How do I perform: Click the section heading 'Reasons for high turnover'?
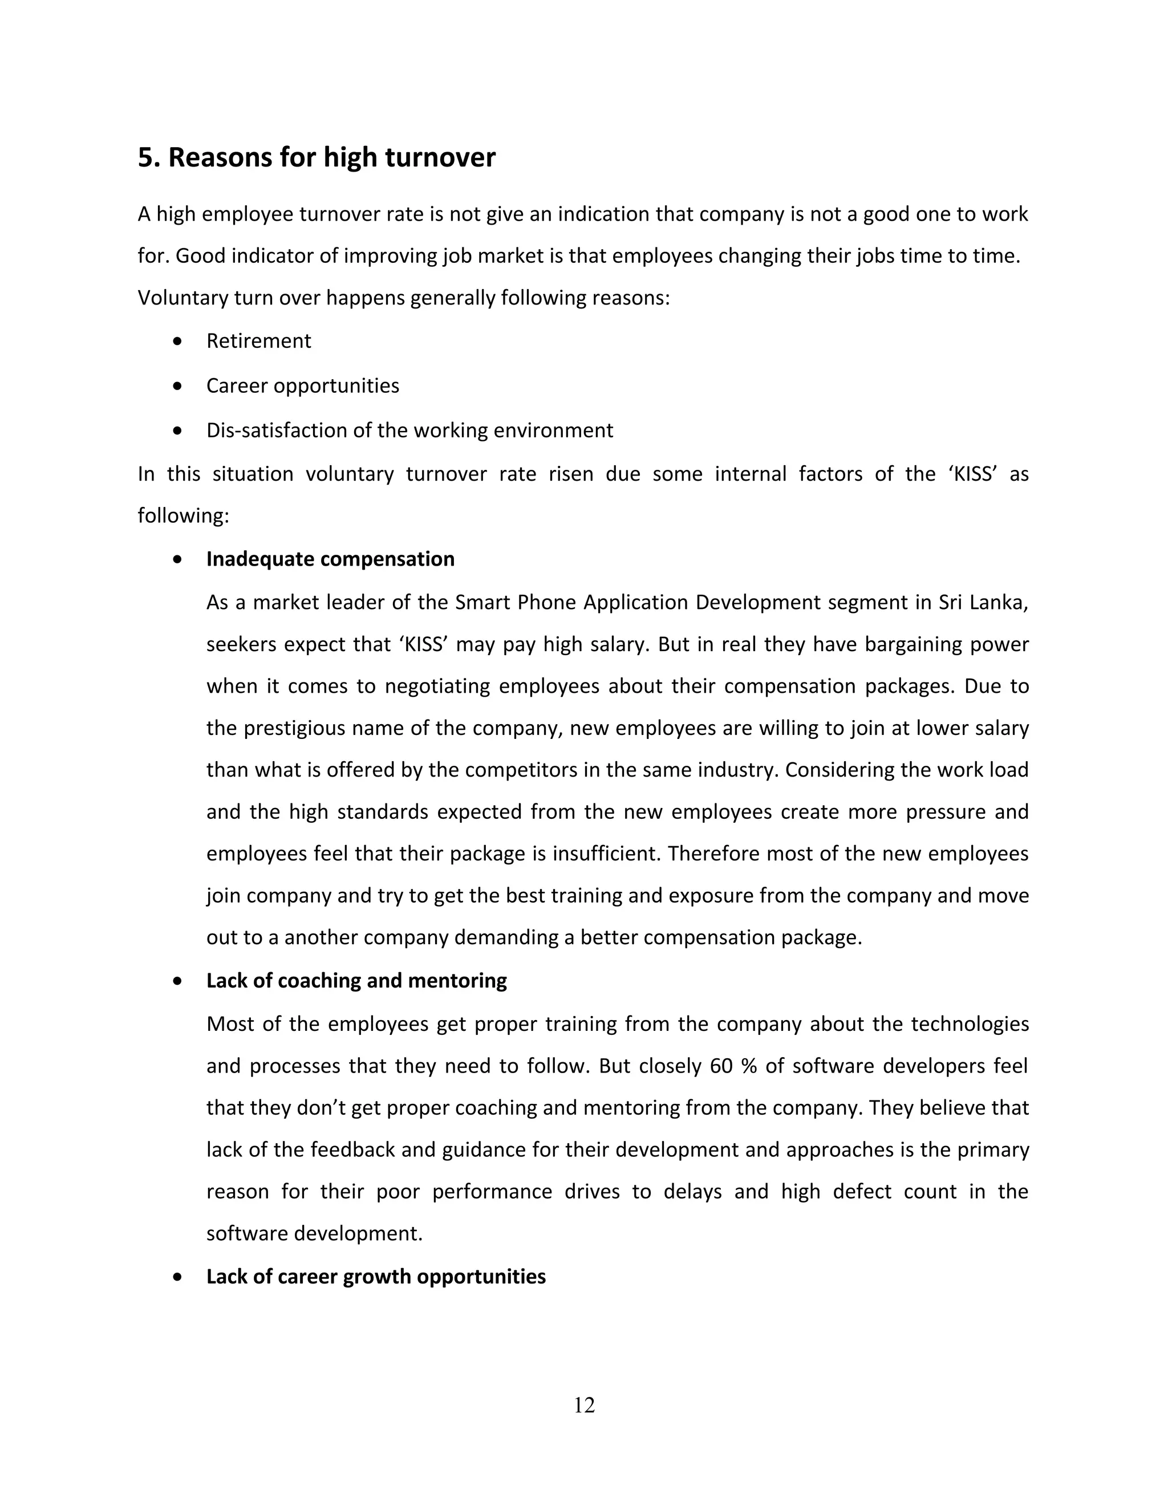[331, 158]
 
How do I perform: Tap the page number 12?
[584, 1405]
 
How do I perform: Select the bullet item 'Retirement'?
[258, 341]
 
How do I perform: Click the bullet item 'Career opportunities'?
[302, 386]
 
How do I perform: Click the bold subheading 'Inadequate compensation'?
[330, 559]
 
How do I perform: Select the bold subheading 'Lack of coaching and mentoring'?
[356, 981]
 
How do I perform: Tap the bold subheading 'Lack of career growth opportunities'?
[376, 1277]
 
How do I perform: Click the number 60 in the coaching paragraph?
[721, 1066]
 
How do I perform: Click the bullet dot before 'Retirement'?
[179, 342]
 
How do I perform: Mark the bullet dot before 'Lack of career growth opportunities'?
[179, 1277]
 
